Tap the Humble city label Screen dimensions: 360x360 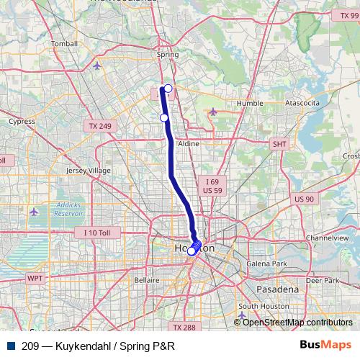pos(250,103)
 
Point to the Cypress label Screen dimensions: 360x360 pos(21,122)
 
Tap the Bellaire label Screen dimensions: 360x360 pos(146,279)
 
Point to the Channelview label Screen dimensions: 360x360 pos(327,237)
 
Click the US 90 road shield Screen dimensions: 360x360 pos(304,199)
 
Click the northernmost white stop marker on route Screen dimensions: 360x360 pos(168,89)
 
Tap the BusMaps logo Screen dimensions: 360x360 pos(325,346)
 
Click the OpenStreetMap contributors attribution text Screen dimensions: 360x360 pos(297,323)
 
